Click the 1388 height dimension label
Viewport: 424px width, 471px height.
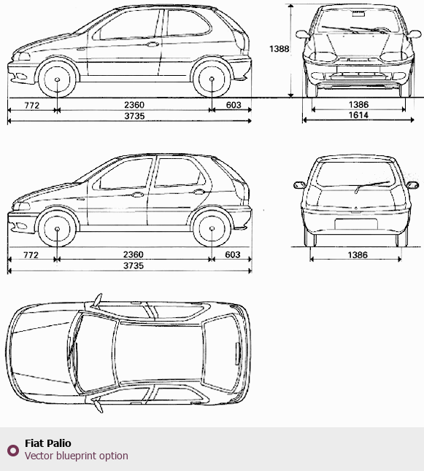pyautogui.click(x=279, y=49)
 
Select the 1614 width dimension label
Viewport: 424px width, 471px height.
pyautogui.click(x=358, y=115)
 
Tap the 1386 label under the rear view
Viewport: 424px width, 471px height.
pyautogui.click(x=358, y=255)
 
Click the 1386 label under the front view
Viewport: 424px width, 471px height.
pyautogui.click(x=358, y=104)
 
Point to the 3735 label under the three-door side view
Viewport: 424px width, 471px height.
pyautogui.click(x=134, y=116)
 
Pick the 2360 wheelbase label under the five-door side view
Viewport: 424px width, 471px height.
pyautogui.click(x=134, y=254)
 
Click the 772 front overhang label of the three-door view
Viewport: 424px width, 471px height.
pyautogui.click(x=31, y=106)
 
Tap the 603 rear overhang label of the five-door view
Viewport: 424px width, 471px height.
pyautogui.click(x=233, y=254)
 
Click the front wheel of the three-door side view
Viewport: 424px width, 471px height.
pyautogui.click(x=57, y=79)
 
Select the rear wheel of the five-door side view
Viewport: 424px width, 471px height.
pyautogui.click(x=212, y=229)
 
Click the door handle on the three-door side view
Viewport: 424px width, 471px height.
pyautogui.click(x=153, y=44)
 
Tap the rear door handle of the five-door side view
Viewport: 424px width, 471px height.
pyautogui.click(x=198, y=192)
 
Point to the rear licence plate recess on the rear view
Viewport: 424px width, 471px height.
pyautogui.click(x=356, y=224)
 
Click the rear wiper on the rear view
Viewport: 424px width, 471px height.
pyautogui.click(x=372, y=186)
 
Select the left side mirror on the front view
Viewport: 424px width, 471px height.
pyautogui.click(x=302, y=34)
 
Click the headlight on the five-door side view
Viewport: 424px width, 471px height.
pyautogui.click(x=22, y=206)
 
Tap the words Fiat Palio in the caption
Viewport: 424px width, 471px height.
pyautogui.click(x=48, y=443)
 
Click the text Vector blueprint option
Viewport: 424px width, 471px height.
pyautogui.click(x=77, y=456)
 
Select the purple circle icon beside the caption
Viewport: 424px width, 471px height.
pyautogui.click(x=13, y=451)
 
